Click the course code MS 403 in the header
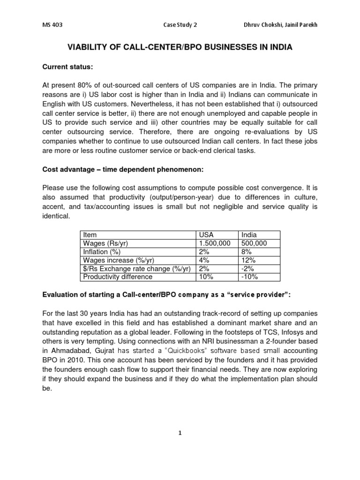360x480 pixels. point(50,25)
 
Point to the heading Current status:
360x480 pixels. point(68,67)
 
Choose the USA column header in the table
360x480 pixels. point(206,234)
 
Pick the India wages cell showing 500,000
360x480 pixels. point(254,243)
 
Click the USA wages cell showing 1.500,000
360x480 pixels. point(215,243)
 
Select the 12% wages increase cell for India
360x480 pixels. point(248,260)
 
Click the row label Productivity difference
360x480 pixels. point(117,277)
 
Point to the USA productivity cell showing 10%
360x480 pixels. point(206,277)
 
